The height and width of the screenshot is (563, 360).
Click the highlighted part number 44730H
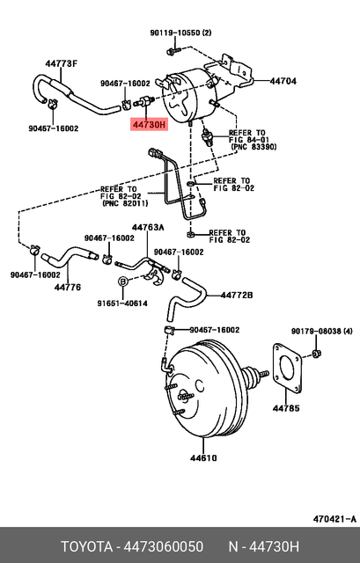pos(149,125)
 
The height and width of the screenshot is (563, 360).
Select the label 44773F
pos(62,62)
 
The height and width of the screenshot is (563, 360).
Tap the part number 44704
pos(283,81)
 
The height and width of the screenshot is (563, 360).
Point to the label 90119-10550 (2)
pos(180,33)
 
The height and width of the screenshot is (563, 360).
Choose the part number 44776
pos(68,287)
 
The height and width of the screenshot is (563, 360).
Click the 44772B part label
pos(237,294)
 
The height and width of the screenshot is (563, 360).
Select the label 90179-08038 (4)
pos(322,330)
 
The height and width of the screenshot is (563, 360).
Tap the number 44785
pos(286,408)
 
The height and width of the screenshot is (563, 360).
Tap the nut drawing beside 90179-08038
pos(316,354)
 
